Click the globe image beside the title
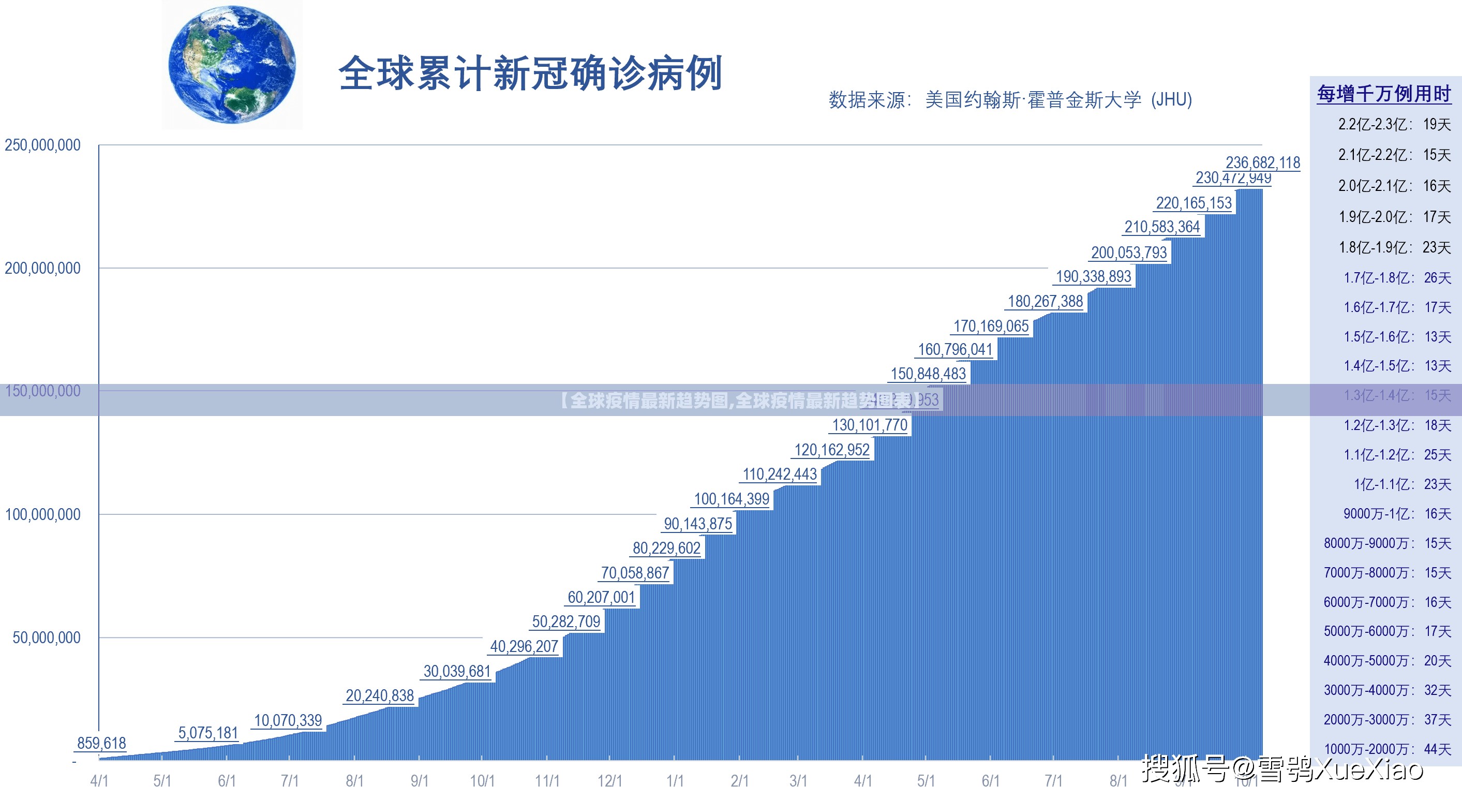[x=232, y=65]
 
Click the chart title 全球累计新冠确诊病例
[x=530, y=73]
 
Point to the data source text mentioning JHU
[x=1010, y=100]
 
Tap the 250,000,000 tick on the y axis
[x=42, y=145]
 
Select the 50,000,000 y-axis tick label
[x=47, y=638]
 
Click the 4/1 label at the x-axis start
[x=99, y=781]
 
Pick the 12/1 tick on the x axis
[x=609, y=781]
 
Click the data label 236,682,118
[x=1262, y=162]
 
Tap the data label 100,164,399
[x=731, y=499]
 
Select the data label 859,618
[x=101, y=743]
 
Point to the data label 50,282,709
[x=565, y=621]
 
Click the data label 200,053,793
[x=1128, y=253]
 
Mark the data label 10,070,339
[x=288, y=720]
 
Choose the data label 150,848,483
[x=928, y=374]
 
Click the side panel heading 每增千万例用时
[x=1384, y=94]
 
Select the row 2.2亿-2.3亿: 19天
[x=1394, y=124]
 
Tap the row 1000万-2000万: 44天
[x=1387, y=749]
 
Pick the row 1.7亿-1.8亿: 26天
[x=1397, y=278]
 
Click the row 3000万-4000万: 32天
[x=1387, y=690]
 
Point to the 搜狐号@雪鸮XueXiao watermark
[x=1282, y=769]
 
